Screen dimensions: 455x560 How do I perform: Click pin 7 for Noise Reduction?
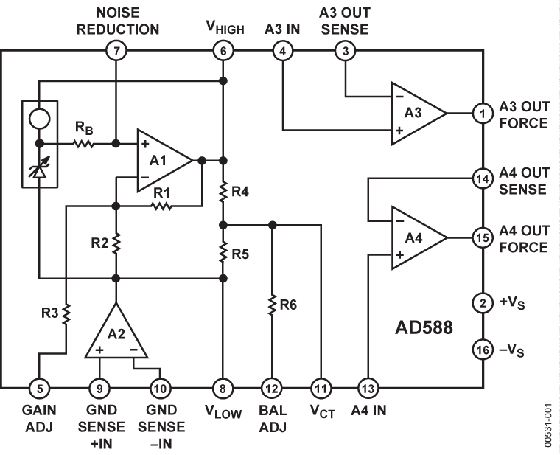pyautogui.click(x=116, y=51)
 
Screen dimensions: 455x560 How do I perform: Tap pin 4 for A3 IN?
pyautogui.click(x=283, y=51)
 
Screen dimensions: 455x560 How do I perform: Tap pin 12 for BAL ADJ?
pyautogui.click(x=273, y=386)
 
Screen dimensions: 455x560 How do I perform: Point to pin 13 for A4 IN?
pyautogui.click(x=366, y=386)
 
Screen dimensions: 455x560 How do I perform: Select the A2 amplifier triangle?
pyautogui.click(x=116, y=332)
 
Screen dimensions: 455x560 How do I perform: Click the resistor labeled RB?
pyautogui.click(x=83, y=144)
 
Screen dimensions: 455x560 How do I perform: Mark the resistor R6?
pyautogui.click(x=273, y=303)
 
